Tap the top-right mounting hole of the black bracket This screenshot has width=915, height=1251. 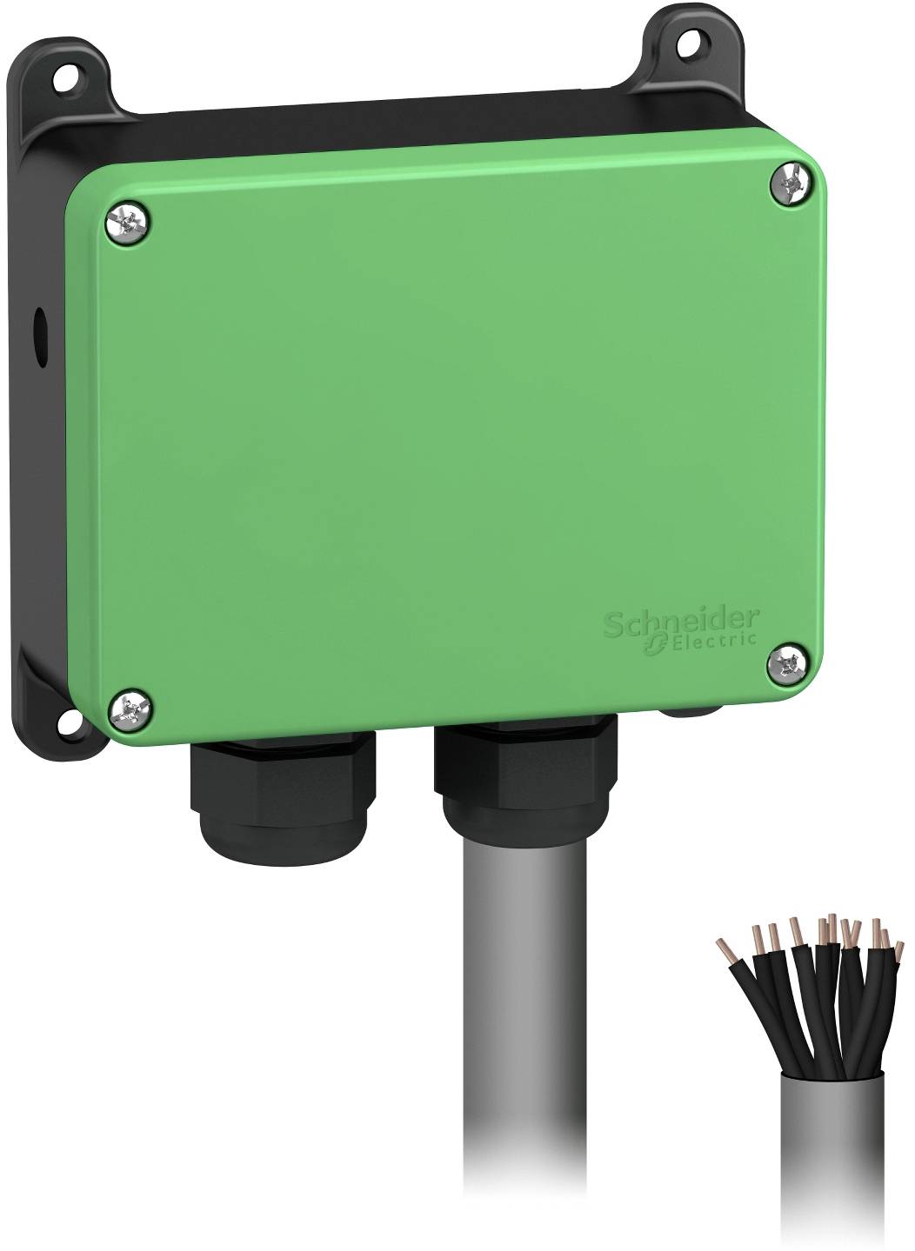pyautogui.click(x=688, y=41)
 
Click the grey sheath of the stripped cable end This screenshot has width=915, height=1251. pyautogui.click(x=832, y=1156)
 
